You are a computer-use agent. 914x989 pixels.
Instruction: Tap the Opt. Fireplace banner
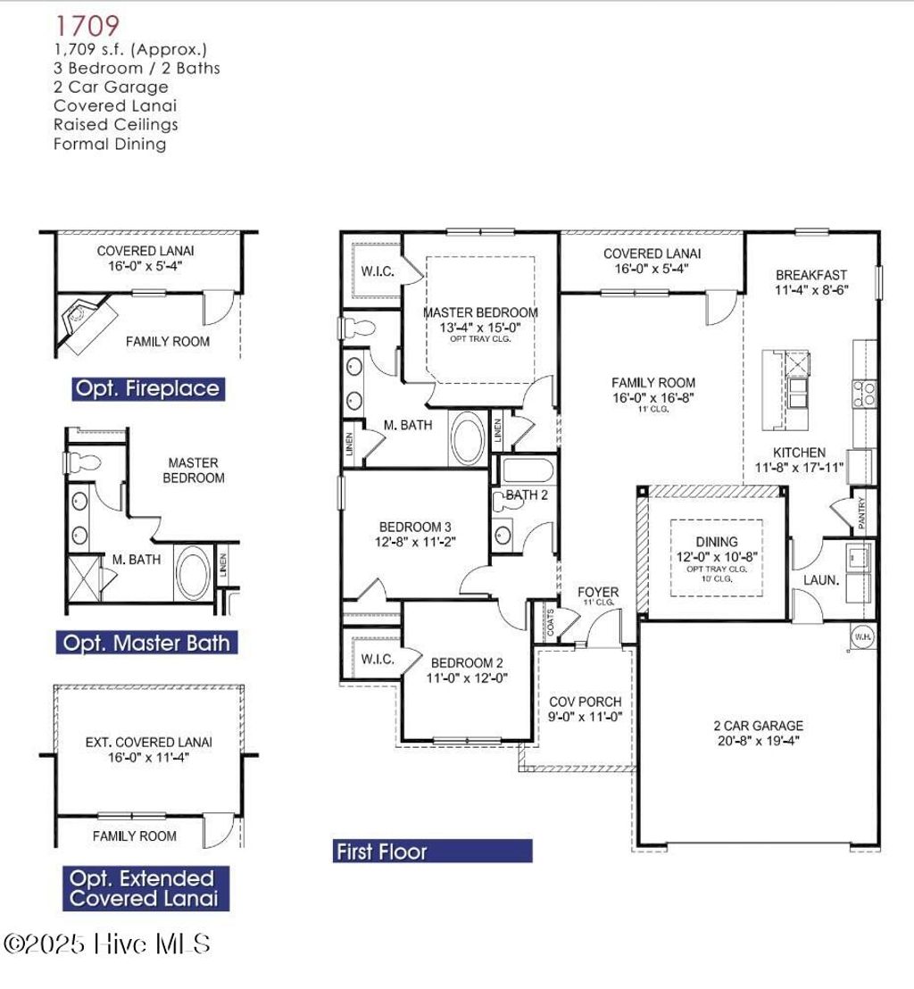[147, 389]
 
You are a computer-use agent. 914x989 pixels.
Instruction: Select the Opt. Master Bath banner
[146, 643]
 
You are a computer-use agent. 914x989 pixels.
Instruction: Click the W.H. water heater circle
[861, 637]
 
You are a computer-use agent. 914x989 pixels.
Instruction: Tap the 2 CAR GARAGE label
[758, 726]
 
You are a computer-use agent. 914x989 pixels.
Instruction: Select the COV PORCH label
[585, 702]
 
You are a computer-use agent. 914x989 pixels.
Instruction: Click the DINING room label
[716, 542]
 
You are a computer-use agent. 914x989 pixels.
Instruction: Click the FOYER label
[597, 592]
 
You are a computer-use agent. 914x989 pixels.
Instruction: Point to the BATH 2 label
[527, 494]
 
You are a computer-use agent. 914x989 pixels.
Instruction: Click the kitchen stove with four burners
[863, 394]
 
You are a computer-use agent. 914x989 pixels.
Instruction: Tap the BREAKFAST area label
[810, 275]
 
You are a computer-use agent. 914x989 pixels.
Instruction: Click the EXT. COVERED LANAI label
[148, 742]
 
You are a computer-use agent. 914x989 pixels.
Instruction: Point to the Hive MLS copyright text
[107, 943]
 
